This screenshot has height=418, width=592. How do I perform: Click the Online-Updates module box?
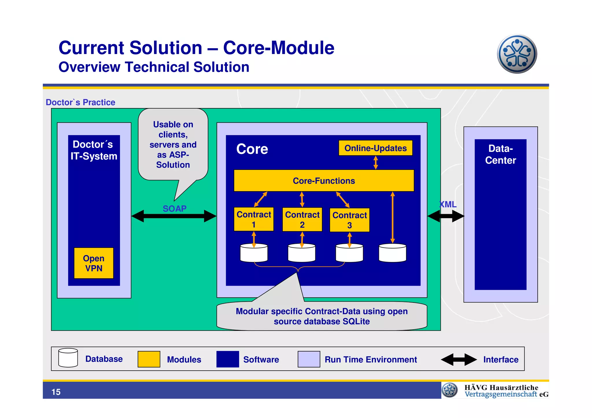point(375,148)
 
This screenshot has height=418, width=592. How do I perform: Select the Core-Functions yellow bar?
point(323,181)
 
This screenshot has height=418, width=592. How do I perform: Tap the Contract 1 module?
point(254,219)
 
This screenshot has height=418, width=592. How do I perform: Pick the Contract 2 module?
point(302,220)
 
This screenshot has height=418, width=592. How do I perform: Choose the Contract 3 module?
point(349,220)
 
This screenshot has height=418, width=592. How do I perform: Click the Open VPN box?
point(94,263)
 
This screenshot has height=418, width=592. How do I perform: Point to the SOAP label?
point(174,209)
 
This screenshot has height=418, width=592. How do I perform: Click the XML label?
point(448,205)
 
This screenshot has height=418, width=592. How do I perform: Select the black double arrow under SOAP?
point(174,216)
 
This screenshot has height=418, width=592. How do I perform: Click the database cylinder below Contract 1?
point(254,253)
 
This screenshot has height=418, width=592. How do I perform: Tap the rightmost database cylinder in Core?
point(392,253)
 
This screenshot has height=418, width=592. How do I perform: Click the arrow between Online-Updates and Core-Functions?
point(375,163)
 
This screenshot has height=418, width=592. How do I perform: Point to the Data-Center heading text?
point(500,154)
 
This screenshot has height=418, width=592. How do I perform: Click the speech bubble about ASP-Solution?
point(173,144)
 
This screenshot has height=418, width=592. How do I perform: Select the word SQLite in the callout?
point(356,322)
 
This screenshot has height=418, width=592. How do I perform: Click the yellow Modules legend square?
point(149,359)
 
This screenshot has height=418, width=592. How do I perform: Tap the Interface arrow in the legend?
point(459,360)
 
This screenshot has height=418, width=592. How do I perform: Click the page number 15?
point(56,392)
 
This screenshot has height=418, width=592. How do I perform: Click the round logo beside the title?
point(517,54)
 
